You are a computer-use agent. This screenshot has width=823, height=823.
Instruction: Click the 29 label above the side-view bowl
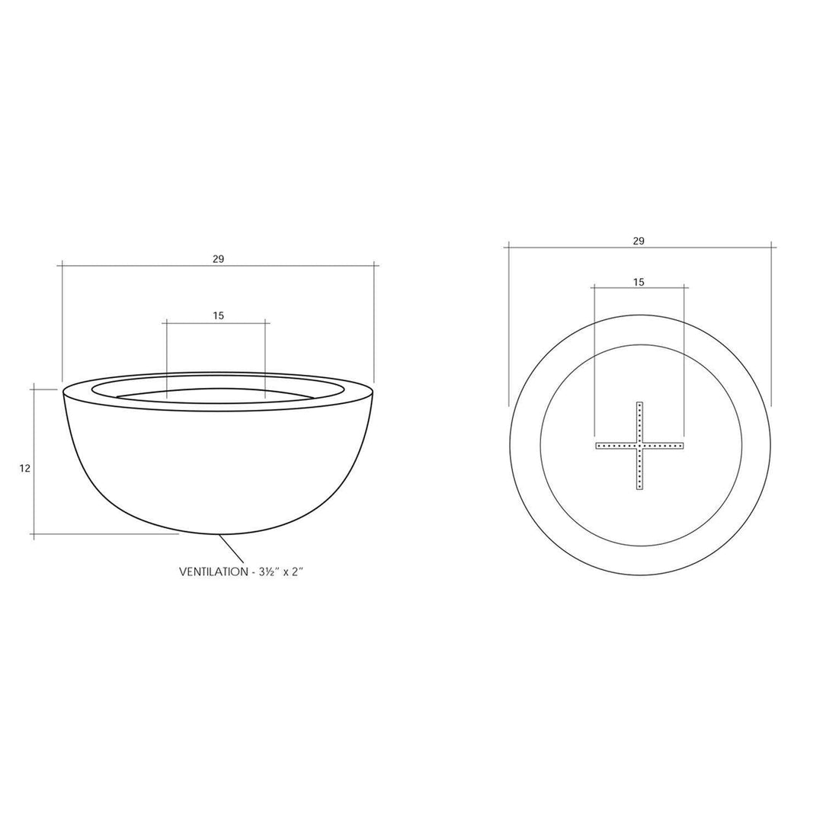pyautogui.click(x=219, y=259)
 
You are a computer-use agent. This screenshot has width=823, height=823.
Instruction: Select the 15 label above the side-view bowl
pyautogui.click(x=219, y=315)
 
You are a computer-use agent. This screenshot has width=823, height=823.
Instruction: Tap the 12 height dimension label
pyautogui.click(x=25, y=469)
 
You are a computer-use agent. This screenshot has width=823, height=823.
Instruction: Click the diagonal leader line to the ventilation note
pyautogui.click(x=232, y=549)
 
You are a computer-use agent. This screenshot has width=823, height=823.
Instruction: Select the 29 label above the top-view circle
pyautogui.click(x=639, y=241)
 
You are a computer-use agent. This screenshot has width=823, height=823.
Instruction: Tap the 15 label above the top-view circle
pyautogui.click(x=639, y=282)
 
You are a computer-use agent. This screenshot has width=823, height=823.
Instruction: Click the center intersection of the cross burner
pyautogui.click(x=639, y=445)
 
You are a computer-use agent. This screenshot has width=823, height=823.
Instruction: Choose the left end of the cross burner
pyautogui.click(x=598, y=445)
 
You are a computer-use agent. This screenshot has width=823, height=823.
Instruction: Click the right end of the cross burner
pyautogui.click(x=683, y=445)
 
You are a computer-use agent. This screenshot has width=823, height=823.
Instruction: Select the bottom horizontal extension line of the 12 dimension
pyautogui.click(x=107, y=534)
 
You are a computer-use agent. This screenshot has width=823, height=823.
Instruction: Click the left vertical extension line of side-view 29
pyautogui.click(x=62, y=320)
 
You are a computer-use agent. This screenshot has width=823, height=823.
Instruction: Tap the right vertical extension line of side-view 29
pyautogui.click(x=374, y=320)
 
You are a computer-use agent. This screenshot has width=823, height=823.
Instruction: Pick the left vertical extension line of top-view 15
pyautogui.click(x=594, y=358)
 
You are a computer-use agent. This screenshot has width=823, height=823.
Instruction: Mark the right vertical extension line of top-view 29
pyautogui.click(x=772, y=328)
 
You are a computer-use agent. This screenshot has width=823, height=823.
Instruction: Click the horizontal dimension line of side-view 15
pyautogui.click(x=216, y=324)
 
